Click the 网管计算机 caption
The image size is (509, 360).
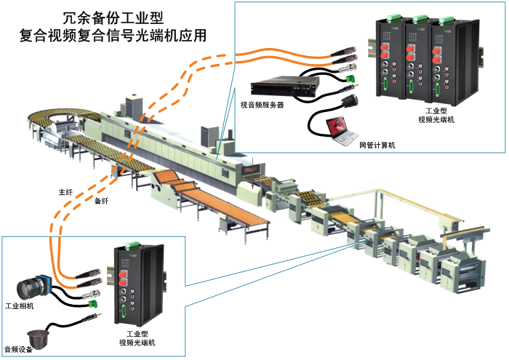377,145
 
